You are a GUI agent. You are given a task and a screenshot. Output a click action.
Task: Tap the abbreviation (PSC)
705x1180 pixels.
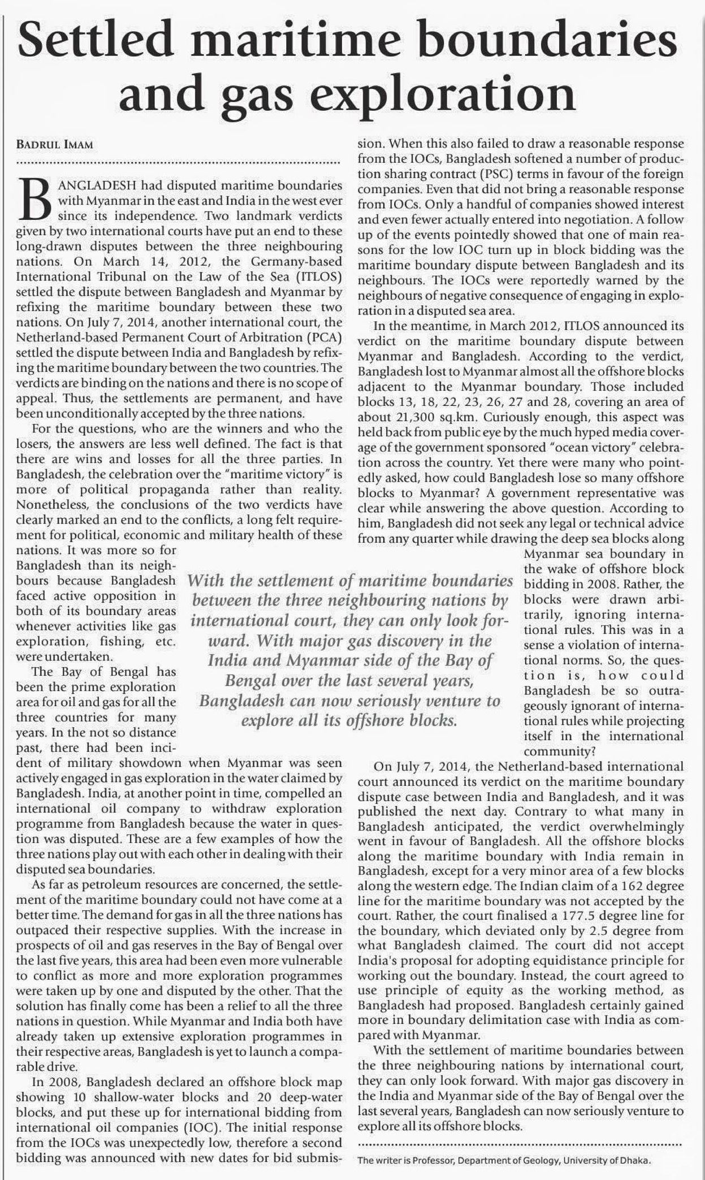point(479,174)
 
